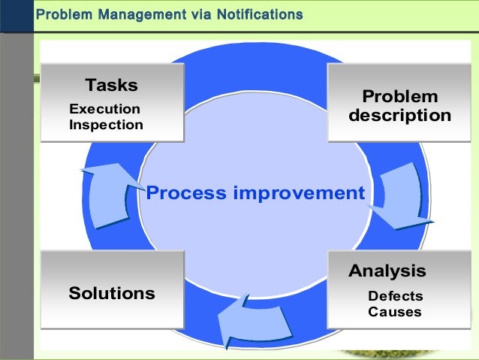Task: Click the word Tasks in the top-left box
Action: (111, 84)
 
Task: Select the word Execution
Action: (104, 109)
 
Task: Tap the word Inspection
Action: (106, 125)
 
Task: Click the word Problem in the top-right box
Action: (399, 97)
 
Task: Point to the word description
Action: (399, 116)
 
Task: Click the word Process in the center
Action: (186, 193)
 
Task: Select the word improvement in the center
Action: (298, 193)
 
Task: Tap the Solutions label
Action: (112, 293)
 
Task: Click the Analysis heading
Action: (387, 271)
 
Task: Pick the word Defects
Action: (395, 296)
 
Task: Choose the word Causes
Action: (394, 312)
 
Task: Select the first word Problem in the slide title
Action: (61, 14)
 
